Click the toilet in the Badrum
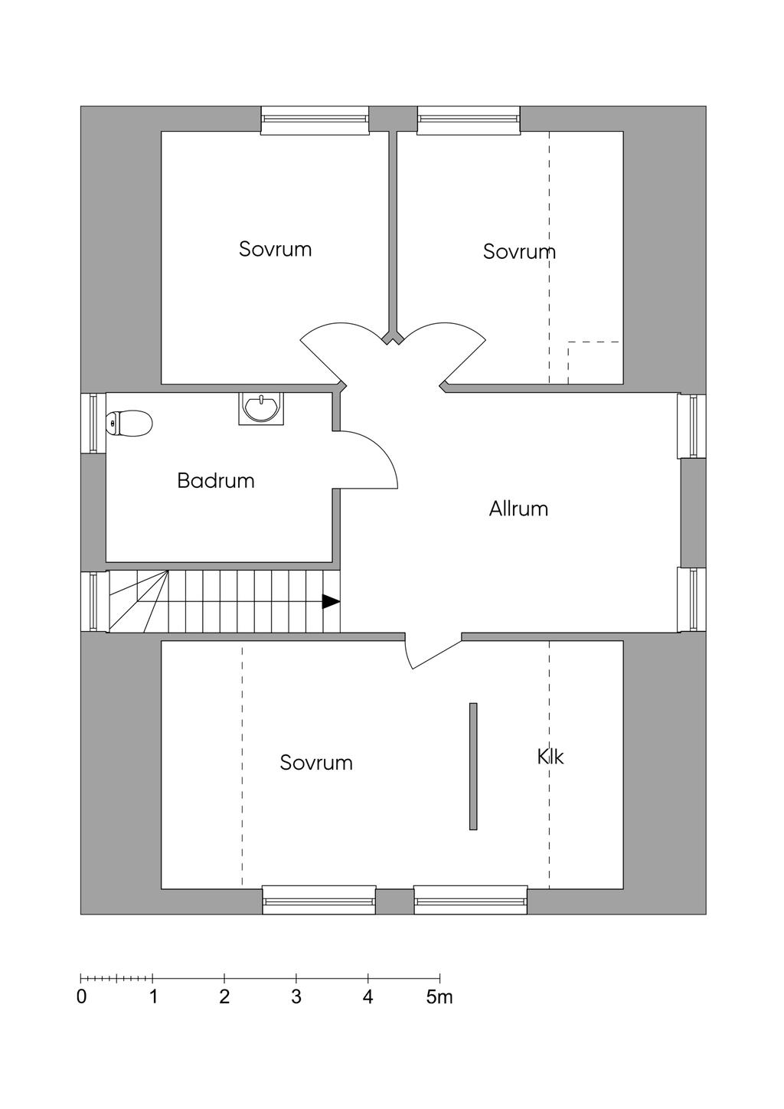tap(129, 423)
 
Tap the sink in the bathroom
tap(261, 407)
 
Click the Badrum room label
tap(216, 481)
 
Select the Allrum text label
tap(518, 509)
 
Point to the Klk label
tap(550, 757)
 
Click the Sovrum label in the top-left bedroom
tap(275, 249)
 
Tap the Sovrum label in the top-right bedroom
tap(518, 251)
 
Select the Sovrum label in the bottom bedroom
tap(316, 763)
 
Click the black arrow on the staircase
tap(330, 602)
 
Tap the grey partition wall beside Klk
tap(473, 766)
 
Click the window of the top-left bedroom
tap(314, 119)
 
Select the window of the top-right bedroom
tap(469, 119)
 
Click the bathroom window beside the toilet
tap(93, 423)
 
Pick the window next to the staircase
tap(93, 602)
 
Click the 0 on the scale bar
tap(82, 997)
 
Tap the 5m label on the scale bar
tap(439, 997)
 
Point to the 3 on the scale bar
tap(296, 997)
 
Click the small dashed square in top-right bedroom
tap(594, 362)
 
